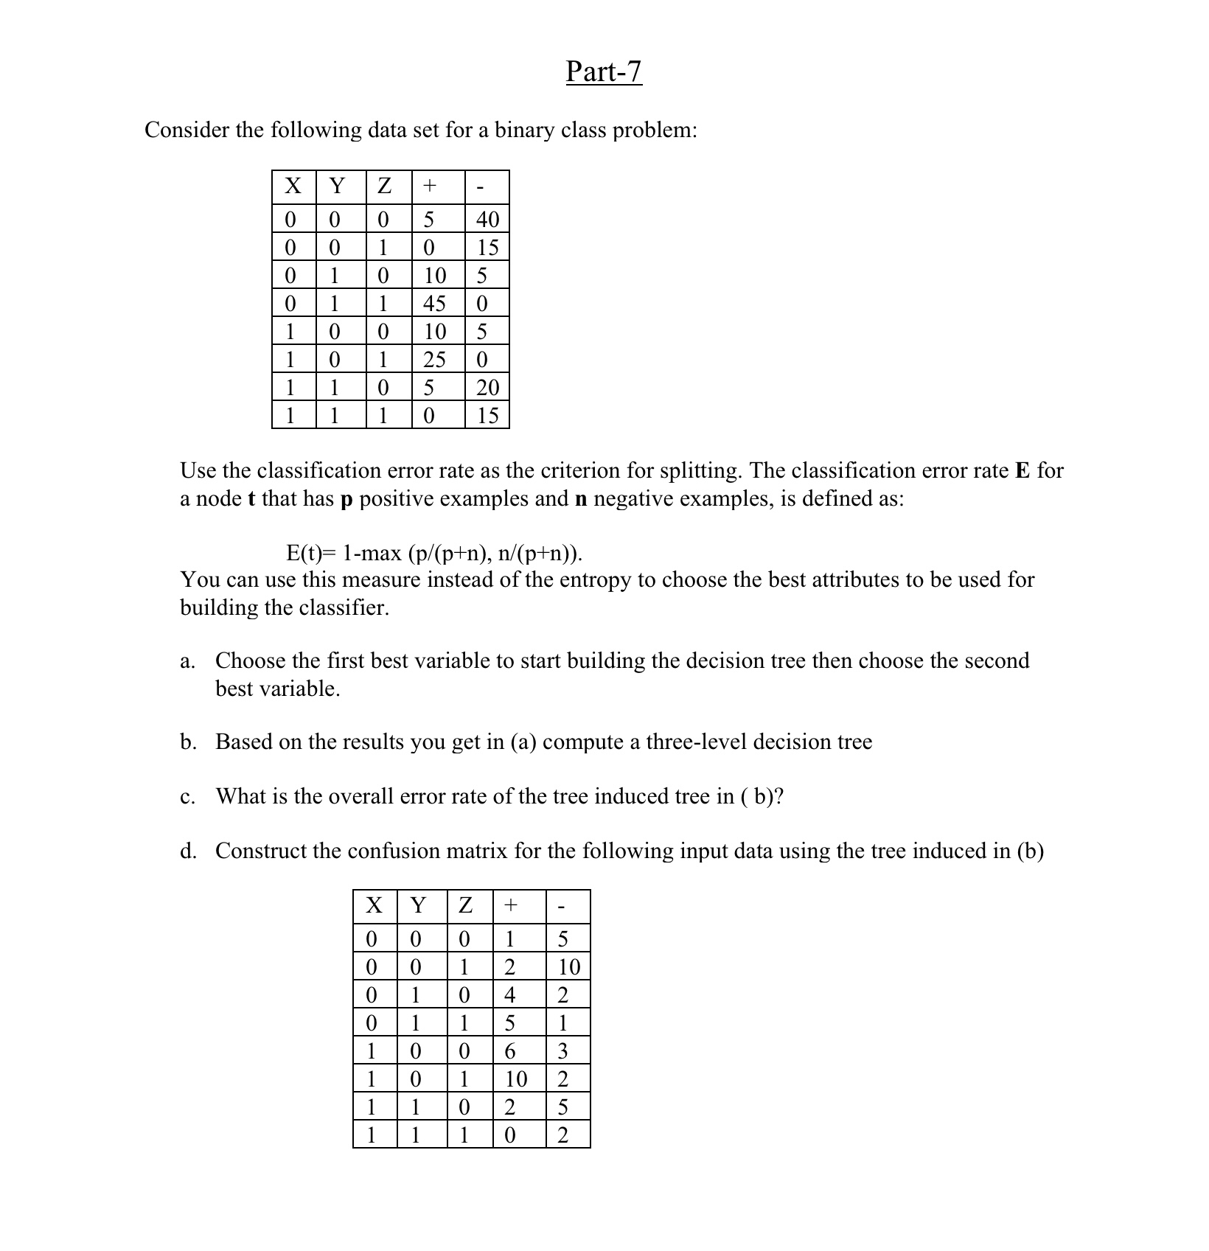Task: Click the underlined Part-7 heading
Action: point(604,72)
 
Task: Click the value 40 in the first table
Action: point(487,219)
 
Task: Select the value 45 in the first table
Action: point(434,303)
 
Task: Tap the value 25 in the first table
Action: point(434,359)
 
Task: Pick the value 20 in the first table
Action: point(487,387)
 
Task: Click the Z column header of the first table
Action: point(384,187)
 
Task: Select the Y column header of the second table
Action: point(418,905)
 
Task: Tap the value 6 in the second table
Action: point(509,1051)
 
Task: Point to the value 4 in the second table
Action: point(509,995)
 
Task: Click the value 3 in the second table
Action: point(563,1051)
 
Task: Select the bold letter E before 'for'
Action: point(1022,470)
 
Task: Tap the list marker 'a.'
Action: point(187,661)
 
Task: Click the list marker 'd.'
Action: point(188,851)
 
